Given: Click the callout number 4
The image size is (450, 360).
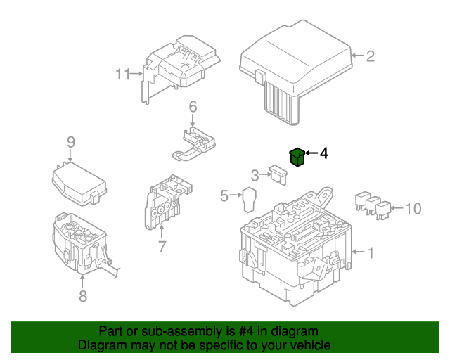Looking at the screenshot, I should [324, 153].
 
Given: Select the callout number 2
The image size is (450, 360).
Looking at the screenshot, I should [371, 56].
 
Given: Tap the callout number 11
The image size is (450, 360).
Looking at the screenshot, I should [123, 74].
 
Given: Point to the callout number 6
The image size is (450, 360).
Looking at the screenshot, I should [192, 107].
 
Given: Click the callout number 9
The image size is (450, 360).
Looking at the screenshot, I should [71, 142].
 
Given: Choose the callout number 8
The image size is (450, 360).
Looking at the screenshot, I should [83, 296].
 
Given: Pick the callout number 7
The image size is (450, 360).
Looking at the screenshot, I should [162, 247].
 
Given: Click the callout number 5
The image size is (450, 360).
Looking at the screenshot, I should [225, 195].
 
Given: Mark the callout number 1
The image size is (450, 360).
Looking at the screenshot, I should [371, 251].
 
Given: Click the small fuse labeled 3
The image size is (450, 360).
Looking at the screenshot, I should [278, 172].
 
